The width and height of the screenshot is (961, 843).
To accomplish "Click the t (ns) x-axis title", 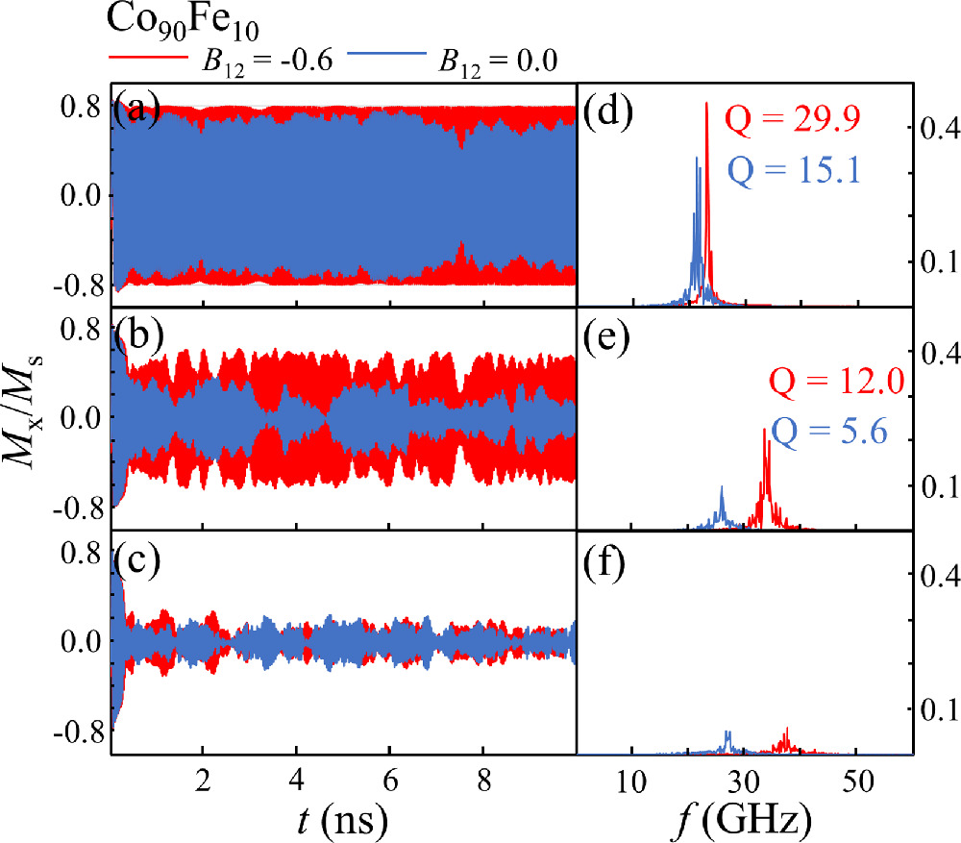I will click(342, 819).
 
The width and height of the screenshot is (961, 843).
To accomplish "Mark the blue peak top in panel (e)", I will click(722, 486).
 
